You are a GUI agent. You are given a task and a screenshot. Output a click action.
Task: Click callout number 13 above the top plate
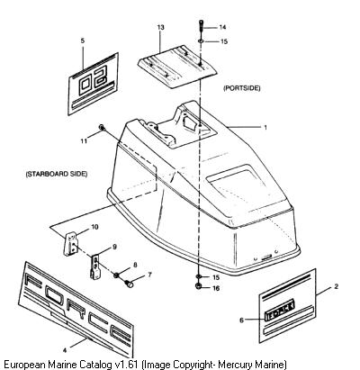161,27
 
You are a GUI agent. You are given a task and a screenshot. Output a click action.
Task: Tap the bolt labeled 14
201,27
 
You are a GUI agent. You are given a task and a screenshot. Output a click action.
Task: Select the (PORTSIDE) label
242,88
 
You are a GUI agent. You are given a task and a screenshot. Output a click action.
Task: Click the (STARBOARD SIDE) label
57,174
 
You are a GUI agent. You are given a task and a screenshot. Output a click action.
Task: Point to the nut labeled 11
102,128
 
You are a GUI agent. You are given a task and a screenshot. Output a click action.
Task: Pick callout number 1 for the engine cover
265,127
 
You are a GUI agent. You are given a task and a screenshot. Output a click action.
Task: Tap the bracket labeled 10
70,243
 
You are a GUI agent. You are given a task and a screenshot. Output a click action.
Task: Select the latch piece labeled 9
96,266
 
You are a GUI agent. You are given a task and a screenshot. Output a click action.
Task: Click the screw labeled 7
129,283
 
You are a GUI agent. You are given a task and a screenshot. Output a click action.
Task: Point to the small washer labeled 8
116,275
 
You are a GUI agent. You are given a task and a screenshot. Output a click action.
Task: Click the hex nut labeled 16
199,286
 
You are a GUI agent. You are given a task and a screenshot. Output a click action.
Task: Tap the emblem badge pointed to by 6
279,310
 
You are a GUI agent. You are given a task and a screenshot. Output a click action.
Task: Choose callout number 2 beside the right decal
336,286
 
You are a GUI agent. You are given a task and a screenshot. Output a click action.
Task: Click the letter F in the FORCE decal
33,280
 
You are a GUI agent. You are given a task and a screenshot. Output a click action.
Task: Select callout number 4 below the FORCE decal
65,350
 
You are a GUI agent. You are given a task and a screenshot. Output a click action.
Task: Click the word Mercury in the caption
234,365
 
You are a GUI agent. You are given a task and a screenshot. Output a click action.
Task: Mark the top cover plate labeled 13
177,67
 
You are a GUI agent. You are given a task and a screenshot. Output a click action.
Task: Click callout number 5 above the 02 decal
83,41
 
